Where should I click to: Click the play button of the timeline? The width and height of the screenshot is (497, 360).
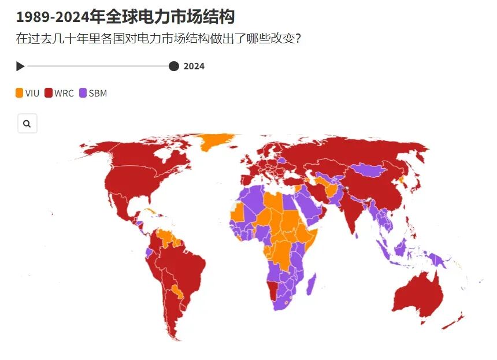click(20, 66)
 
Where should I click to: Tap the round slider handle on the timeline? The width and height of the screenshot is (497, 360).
click(173, 66)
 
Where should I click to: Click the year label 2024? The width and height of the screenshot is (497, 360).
click(194, 66)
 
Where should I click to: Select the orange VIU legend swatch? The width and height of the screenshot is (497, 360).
click(20, 93)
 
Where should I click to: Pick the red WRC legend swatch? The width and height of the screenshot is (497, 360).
click(49, 93)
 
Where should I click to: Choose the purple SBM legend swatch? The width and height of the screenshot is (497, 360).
click(83, 93)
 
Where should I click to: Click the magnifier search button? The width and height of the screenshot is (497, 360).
click(27, 124)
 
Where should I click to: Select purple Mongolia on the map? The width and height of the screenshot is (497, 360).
click(368, 169)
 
